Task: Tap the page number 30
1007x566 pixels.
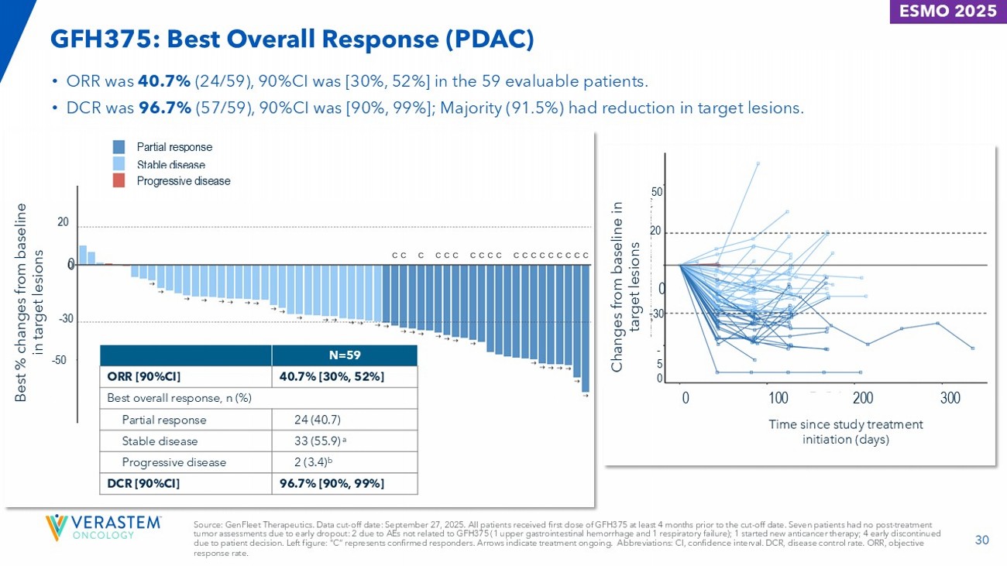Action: coord(982,540)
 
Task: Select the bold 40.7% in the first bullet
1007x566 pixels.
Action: coord(163,81)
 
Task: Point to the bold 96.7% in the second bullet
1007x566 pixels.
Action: coord(165,108)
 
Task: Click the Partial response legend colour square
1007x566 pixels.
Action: coord(119,147)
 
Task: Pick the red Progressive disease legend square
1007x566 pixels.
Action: coord(119,181)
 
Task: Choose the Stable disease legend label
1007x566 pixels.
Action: coord(170,164)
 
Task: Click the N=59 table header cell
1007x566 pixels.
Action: coord(344,355)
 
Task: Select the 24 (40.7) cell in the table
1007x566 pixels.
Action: coord(318,420)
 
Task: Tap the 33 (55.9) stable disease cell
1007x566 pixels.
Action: coord(320,441)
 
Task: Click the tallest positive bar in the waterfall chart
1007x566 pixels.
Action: coord(82,256)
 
